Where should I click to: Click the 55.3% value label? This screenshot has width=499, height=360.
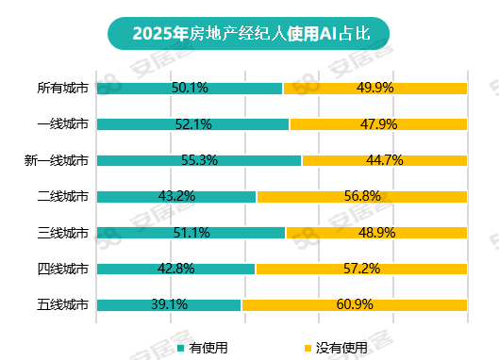199,160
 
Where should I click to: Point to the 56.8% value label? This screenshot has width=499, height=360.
361,197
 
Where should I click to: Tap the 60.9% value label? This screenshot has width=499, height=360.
354,304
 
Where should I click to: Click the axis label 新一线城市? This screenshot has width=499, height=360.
57,160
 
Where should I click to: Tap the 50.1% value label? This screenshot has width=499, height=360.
190,89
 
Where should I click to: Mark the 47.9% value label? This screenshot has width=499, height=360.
378,124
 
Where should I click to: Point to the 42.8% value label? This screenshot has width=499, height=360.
176,269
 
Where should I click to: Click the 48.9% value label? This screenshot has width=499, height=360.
376,233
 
